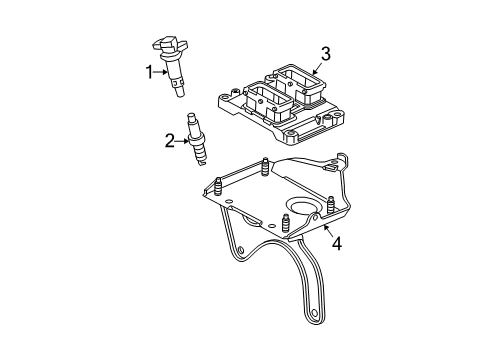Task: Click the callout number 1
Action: tap(149, 72)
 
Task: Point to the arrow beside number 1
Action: tap(160, 72)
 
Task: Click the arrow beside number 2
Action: tap(181, 141)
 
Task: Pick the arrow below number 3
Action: tap(317, 68)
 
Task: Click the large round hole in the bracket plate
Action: tap(299, 209)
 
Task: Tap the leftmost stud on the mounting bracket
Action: tap(216, 187)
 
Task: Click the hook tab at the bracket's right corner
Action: tap(344, 162)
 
